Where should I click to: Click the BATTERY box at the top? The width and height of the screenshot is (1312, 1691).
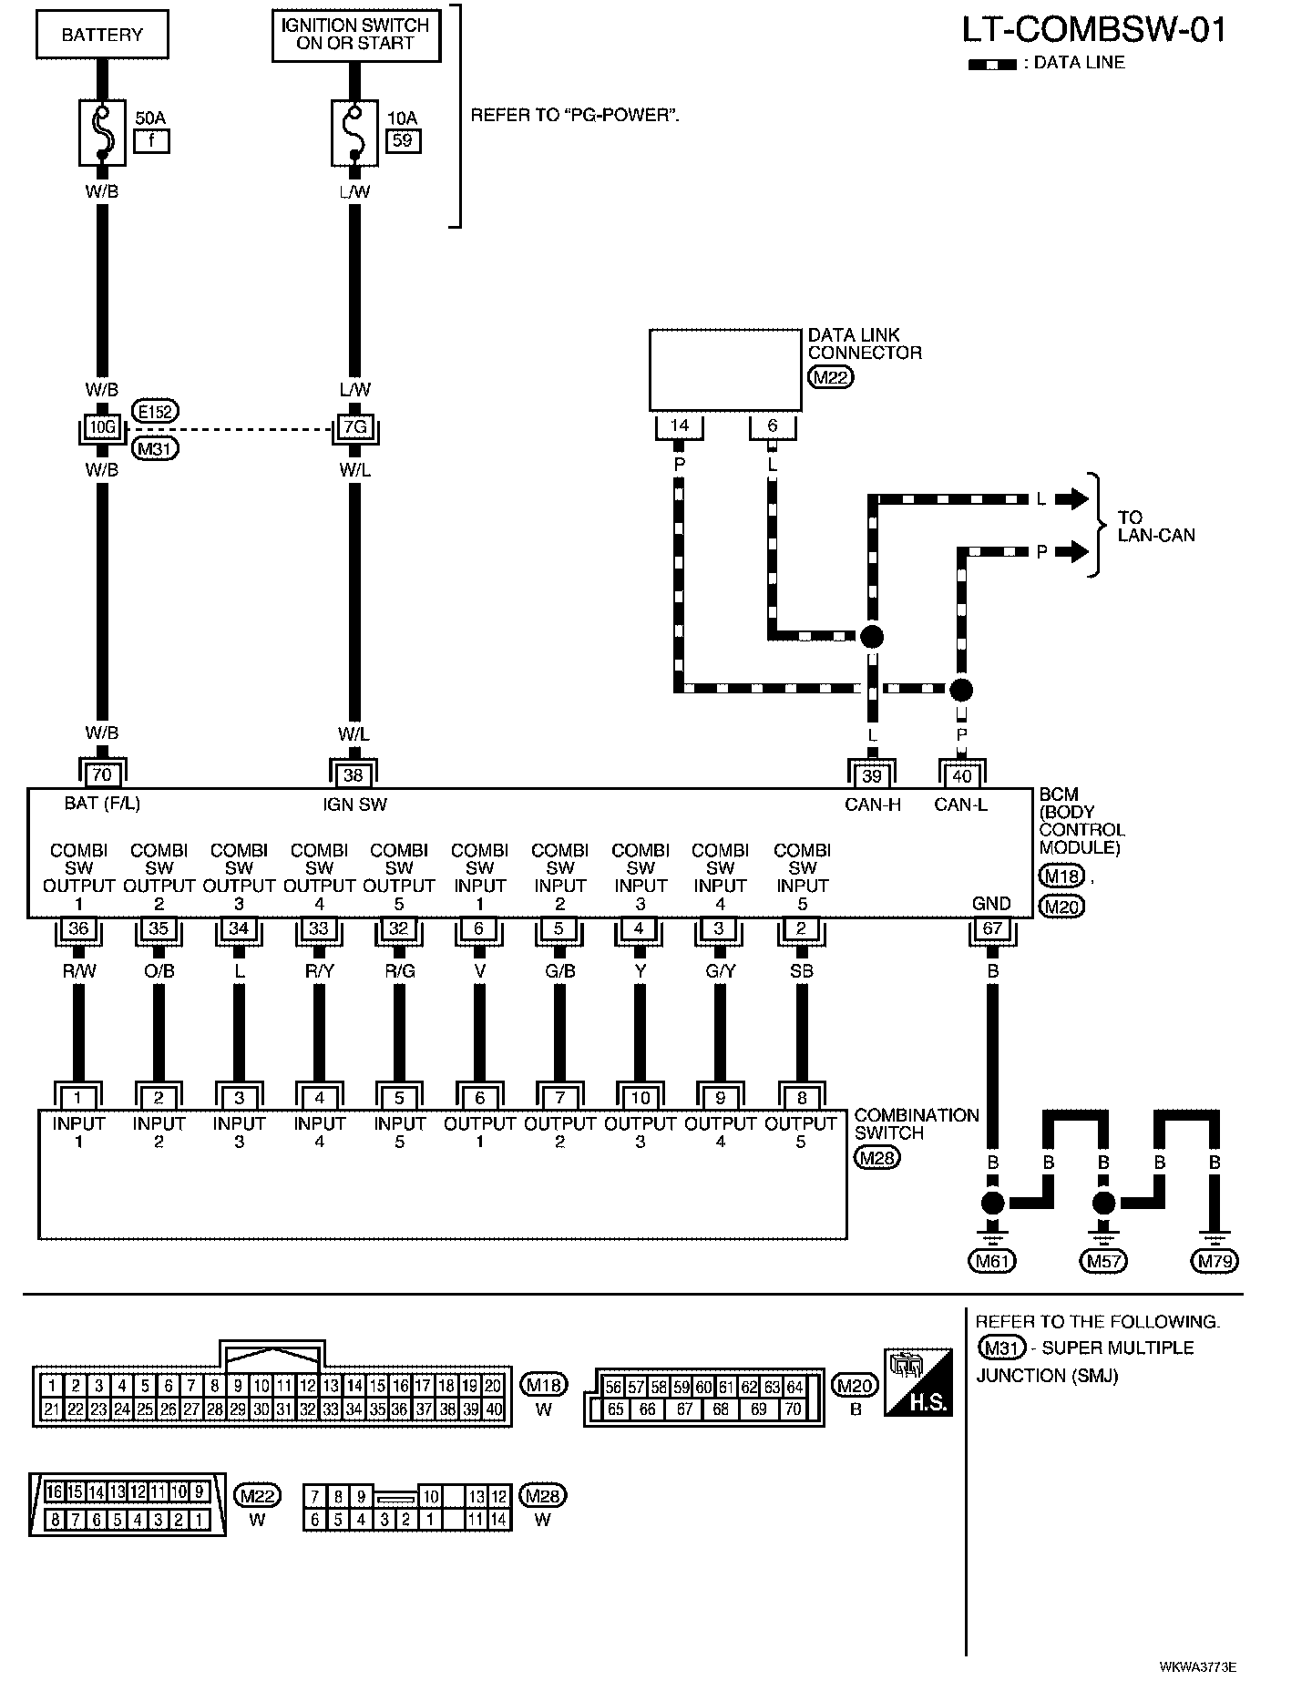tap(102, 36)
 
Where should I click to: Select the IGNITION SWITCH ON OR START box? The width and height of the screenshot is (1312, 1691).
tap(356, 36)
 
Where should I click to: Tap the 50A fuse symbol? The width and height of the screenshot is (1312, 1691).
tap(102, 132)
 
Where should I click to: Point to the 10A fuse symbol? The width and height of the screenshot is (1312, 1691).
tap(354, 132)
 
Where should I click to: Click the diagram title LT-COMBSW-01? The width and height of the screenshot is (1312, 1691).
tap(1093, 30)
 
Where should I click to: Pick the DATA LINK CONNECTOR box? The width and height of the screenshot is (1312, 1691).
tap(725, 370)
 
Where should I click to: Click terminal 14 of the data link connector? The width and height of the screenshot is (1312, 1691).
tap(679, 425)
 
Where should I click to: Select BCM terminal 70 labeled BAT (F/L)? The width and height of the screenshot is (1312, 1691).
tap(102, 775)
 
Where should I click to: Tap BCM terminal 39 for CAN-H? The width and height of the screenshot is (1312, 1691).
tap(873, 775)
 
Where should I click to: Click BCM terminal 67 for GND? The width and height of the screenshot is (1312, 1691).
tap(992, 928)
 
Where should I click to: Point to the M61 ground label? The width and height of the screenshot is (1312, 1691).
tap(991, 1261)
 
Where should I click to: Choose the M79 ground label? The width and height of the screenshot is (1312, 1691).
tap(1215, 1261)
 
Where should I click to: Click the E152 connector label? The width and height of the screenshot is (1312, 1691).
tap(155, 411)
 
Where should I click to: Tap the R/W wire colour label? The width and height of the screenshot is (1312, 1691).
tap(78, 971)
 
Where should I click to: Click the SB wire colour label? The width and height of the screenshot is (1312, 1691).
tap(802, 971)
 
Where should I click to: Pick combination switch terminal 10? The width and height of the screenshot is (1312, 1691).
tap(640, 1098)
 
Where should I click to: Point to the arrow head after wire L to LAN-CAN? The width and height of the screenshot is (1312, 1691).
tap(1078, 498)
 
